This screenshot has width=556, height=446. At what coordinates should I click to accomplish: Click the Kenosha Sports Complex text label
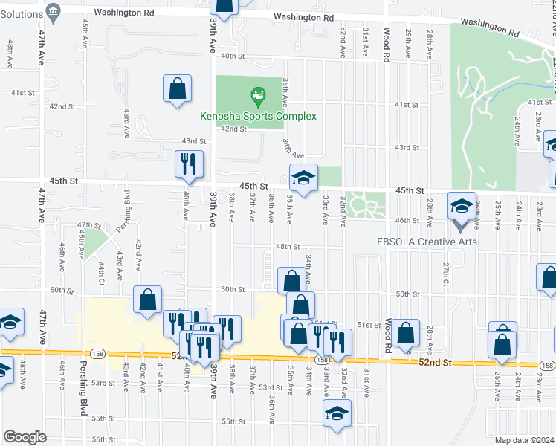click(258, 116)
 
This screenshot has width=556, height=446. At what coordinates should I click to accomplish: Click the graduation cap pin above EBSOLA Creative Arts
click(461, 206)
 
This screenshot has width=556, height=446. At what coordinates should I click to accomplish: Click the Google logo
click(25, 437)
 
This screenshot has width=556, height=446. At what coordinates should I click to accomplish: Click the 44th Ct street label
click(100, 271)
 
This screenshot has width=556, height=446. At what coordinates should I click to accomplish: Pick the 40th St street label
click(233, 56)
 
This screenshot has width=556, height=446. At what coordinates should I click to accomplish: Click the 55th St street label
click(233, 421)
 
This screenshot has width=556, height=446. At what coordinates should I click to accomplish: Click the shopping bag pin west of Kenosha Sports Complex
click(178, 90)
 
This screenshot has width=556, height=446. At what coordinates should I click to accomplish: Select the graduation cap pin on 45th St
click(303, 178)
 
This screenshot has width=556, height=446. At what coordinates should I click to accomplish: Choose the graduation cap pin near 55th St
click(336, 415)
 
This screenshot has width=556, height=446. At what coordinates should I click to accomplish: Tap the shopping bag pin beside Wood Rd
click(407, 334)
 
